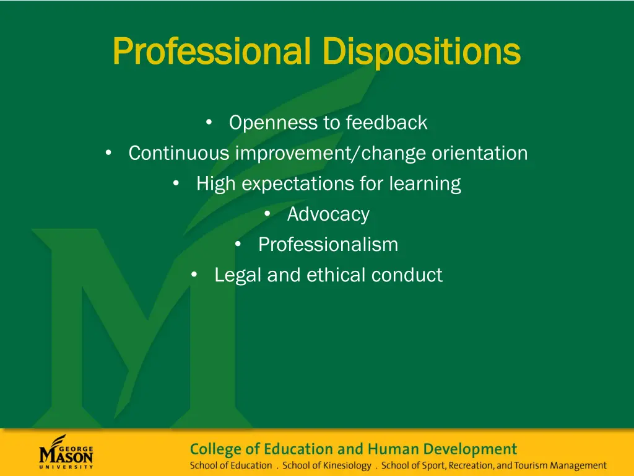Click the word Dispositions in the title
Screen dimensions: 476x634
pos(422,51)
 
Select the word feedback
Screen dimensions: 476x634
pos(386,123)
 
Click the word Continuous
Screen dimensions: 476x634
pos(179,153)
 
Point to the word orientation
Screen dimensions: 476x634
pos(479,153)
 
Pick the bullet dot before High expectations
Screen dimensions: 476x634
pos(176,183)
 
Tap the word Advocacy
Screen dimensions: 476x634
pos(328,214)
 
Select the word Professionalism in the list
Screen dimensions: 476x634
pos(328,245)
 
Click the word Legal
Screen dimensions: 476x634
pos(238,275)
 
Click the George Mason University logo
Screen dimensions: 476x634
pos(66,452)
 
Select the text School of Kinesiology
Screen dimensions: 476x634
pos(327,465)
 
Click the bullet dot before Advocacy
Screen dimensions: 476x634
pos(267,214)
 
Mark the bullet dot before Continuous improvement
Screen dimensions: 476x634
pos(108,152)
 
